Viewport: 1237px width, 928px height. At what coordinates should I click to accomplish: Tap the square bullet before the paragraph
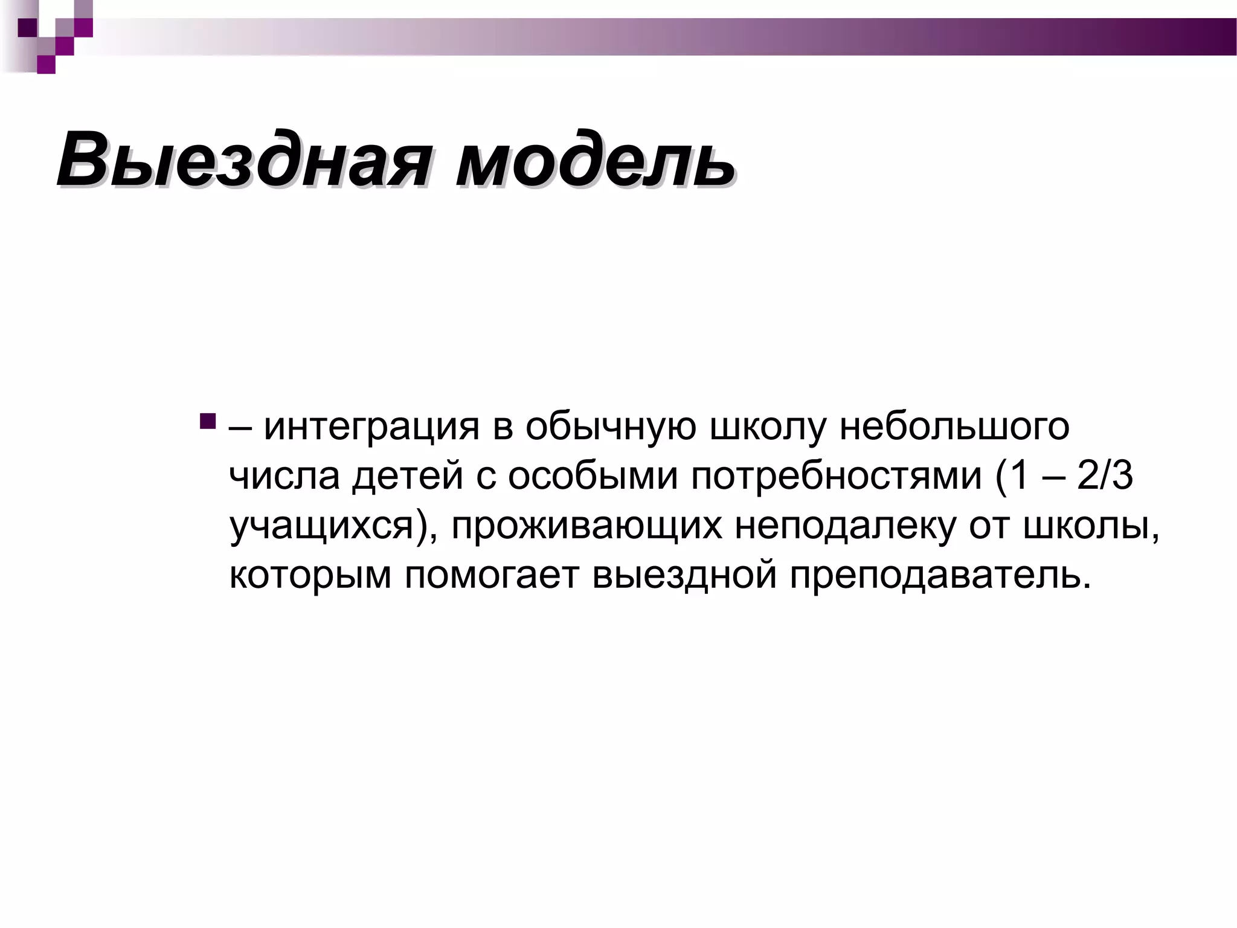[x=207, y=421]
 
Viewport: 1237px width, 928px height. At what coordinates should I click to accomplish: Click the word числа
[x=284, y=477]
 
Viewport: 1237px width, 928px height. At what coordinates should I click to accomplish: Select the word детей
[x=408, y=477]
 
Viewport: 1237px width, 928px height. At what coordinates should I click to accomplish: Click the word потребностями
[x=837, y=477]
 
